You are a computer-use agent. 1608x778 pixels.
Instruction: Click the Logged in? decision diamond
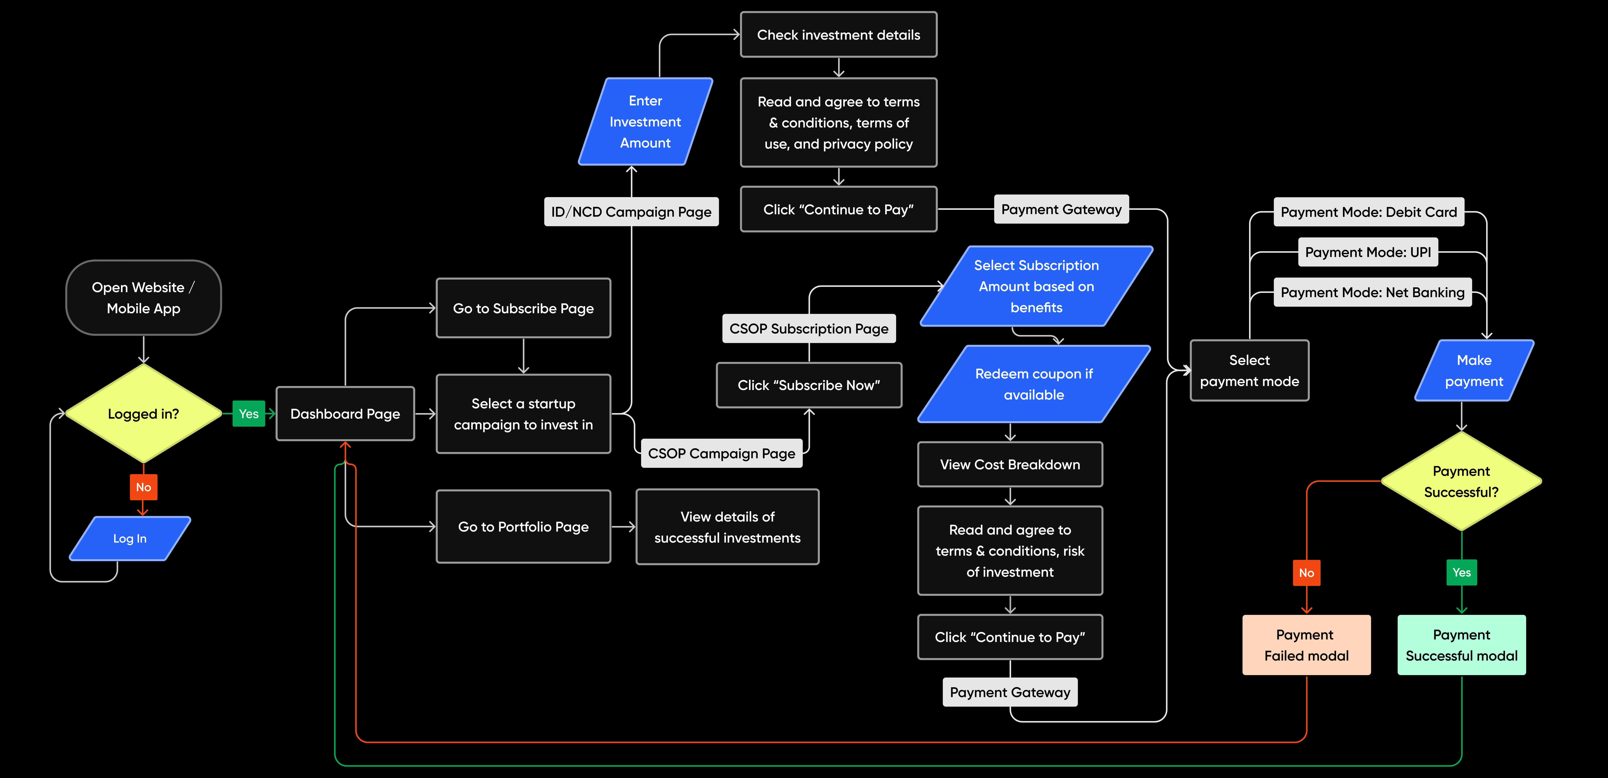tap(144, 414)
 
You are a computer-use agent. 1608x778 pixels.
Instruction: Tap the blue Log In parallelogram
tap(130, 538)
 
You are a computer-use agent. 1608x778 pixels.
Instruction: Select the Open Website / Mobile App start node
tap(144, 298)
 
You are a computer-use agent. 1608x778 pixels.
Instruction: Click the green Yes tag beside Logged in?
tap(249, 414)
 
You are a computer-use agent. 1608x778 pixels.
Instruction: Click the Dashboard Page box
tap(345, 414)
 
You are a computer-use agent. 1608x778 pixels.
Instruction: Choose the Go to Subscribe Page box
tap(523, 308)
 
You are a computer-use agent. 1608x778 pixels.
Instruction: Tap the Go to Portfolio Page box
tap(523, 527)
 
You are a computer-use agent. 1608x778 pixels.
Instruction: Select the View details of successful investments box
tap(727, 527)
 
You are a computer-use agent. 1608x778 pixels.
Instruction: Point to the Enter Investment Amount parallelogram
tap(645, 122)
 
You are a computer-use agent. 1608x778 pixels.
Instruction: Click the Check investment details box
tap(838, 35)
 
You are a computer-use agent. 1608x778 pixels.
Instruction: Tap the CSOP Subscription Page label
tap(809, 329)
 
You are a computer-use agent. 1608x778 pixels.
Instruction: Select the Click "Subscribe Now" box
tap(809, 385)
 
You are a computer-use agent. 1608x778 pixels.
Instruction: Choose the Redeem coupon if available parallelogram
tap(1034, 384)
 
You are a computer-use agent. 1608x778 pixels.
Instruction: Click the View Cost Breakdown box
tap(1010, 464)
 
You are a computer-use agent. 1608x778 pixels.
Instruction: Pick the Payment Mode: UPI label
tap(1368, 252)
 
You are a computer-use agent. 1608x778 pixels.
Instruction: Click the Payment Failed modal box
tap(1306, 645)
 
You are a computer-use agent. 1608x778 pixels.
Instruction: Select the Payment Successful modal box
tap(1461, 645)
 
